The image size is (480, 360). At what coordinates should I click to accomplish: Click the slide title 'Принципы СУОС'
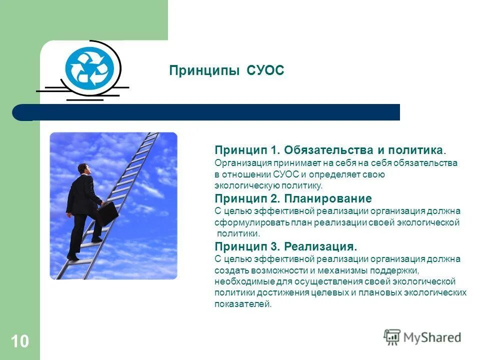(226, 70)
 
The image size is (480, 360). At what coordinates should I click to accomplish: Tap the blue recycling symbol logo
(89, 67)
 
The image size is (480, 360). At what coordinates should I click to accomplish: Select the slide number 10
(19, 342)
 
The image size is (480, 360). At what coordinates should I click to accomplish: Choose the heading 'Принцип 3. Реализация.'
(286, 246)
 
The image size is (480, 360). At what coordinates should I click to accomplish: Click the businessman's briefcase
(107, 213)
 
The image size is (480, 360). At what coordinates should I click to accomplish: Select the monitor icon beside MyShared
(392, 337)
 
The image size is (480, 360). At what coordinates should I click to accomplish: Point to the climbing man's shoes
(73, 256)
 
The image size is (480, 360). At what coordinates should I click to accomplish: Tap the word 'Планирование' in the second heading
(327, 198)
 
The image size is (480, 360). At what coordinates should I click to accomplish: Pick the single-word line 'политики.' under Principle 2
(238, 233)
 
